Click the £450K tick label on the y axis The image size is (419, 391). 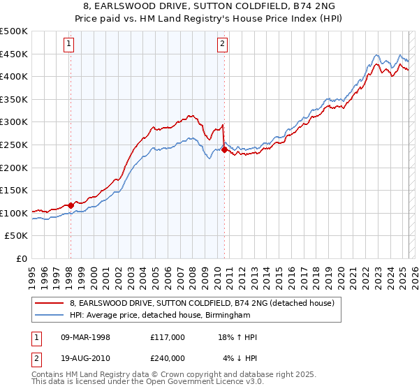(x=14, y=54)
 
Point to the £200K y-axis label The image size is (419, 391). (x=14, y=168)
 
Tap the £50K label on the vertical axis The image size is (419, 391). (x=17, y=236)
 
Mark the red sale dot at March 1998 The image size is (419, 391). (x=71, y=205)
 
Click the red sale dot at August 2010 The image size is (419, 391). (x=224, y=149)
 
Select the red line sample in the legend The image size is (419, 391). (x=49, y=303)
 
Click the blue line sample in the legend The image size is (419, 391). (x=49, y=316)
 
